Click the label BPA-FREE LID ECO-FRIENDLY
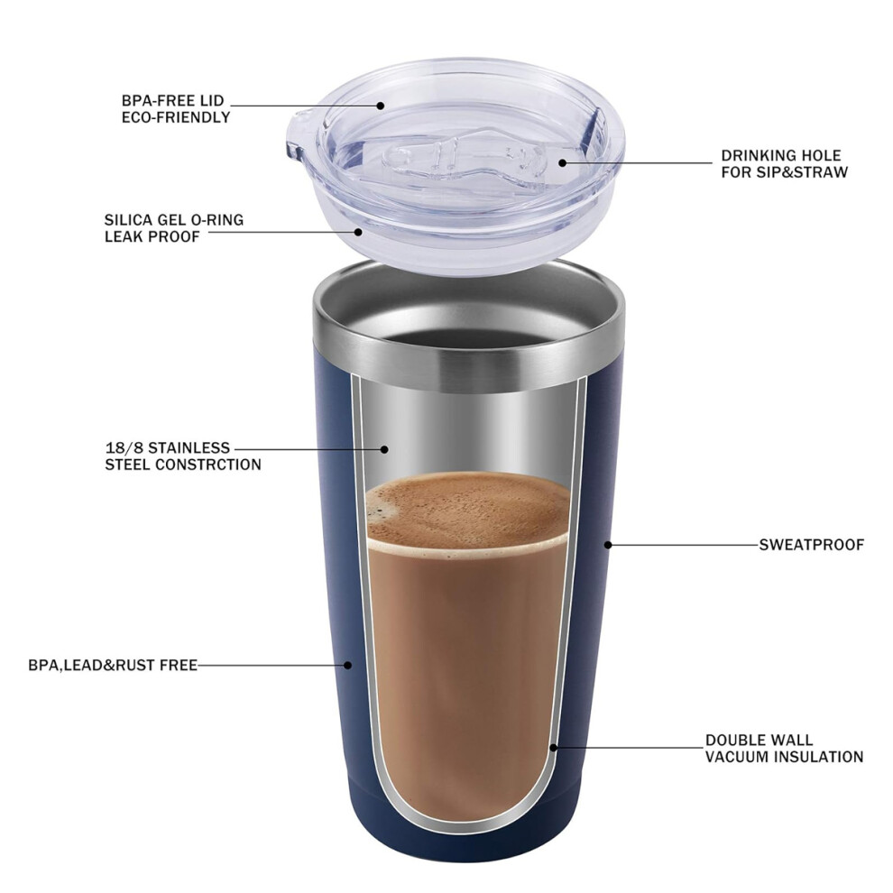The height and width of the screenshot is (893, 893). (176, 109)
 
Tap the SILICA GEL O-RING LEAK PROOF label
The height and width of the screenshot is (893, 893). (174, 228)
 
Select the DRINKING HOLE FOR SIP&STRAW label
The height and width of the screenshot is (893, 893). (784, 164)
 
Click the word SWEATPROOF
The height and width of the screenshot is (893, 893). (812, 545)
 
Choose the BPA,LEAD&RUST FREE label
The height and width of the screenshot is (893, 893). (113, 665)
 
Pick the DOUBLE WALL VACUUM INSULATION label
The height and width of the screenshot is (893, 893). (784, 749)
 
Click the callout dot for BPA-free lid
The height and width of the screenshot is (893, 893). (381, 106)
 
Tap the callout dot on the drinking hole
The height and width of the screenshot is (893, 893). (562, 163)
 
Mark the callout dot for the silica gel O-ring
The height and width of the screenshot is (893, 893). (358, 232)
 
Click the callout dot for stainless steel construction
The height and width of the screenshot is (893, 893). (384, 449)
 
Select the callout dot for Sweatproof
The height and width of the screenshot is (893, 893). (608, 545)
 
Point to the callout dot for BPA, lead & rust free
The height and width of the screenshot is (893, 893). (348, 665)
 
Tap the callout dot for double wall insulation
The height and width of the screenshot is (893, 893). (553, 748)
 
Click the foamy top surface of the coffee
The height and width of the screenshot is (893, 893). (468, 509)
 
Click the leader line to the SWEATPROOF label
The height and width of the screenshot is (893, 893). (684, 545)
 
